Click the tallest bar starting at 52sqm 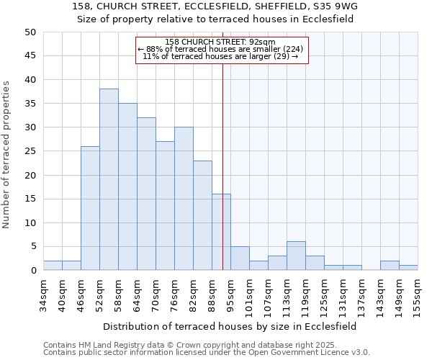click(109, 180)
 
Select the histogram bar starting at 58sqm click(127, 187)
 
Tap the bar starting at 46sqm click(90, 209)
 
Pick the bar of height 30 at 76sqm click(184, 199)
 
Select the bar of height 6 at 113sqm click(296, 256)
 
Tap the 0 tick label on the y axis click(32, 271)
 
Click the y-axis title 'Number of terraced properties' click(6, 155)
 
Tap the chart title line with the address click(215, 6)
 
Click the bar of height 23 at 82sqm click(202, 216)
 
